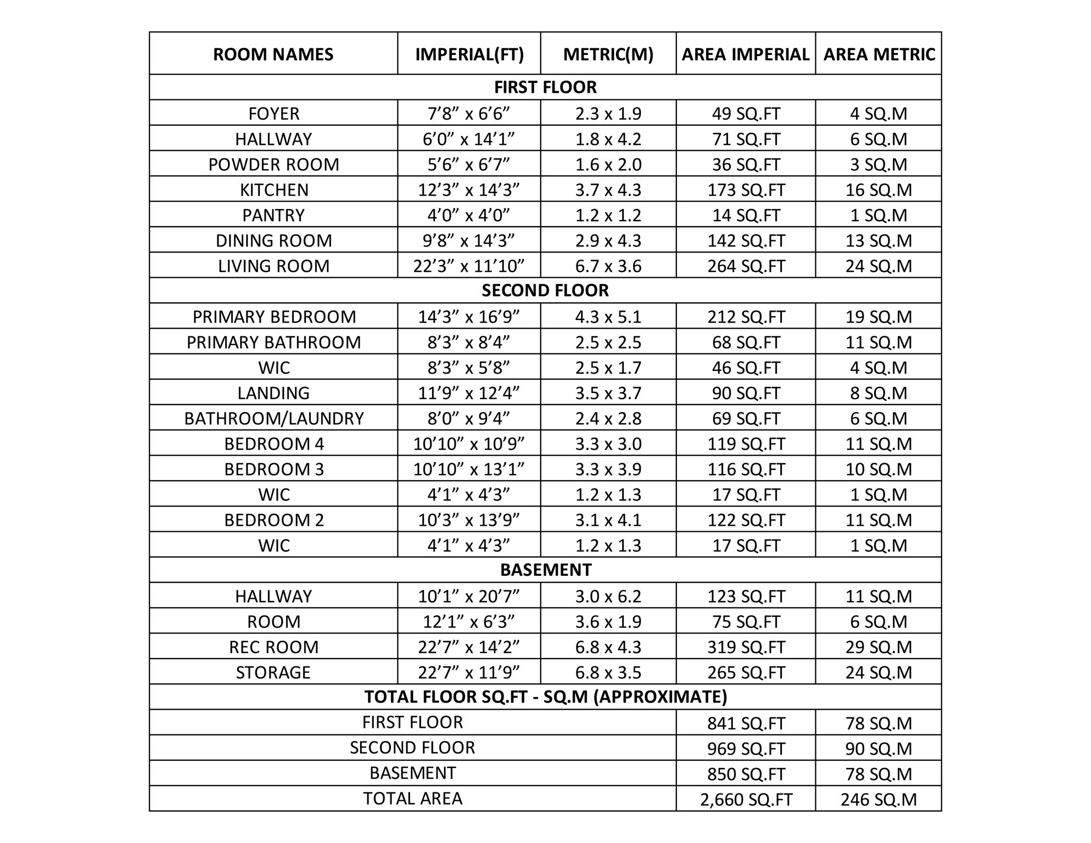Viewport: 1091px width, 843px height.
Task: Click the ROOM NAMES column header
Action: click(x=273, y=54)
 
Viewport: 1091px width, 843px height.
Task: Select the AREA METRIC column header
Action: click(x=879, y=54)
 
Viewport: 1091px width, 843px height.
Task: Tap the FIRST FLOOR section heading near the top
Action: click(x=545, y=87)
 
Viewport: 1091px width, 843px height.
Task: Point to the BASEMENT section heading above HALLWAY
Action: click(x=545, y=570)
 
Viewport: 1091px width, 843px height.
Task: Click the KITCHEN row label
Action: click(x=273, y=190)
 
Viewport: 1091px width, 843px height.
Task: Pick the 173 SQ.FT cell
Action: click(x=746, y=190)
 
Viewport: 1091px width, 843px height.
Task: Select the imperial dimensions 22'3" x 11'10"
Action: click(x=468, y=266)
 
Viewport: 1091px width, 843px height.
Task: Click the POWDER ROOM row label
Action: click(x=273, y=165)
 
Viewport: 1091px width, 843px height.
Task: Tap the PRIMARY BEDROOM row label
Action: click(x=273, y=317)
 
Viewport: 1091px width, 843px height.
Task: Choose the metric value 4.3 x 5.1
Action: click(x=608, y=317)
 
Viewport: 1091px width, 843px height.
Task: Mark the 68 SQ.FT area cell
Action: click(x=746, y=342)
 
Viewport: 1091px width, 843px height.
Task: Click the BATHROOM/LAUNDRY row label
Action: click(x=273, y=419)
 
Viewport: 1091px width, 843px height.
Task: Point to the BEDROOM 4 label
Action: click(x=273, y=444)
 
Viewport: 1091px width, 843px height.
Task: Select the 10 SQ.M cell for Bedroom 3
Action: click(x=879, y=469)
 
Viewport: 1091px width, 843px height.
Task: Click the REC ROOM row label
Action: click(x=273, y=647)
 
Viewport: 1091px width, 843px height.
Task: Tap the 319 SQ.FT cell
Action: click(x=746, y=647)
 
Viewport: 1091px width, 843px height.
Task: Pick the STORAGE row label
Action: click(x=273, y=672)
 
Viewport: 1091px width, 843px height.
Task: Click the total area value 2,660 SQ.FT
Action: click(x=746, y=800)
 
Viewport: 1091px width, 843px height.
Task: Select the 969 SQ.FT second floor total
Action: click(x=746, y=749)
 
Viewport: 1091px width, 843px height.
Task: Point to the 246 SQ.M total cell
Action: click(x=879, y=800)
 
